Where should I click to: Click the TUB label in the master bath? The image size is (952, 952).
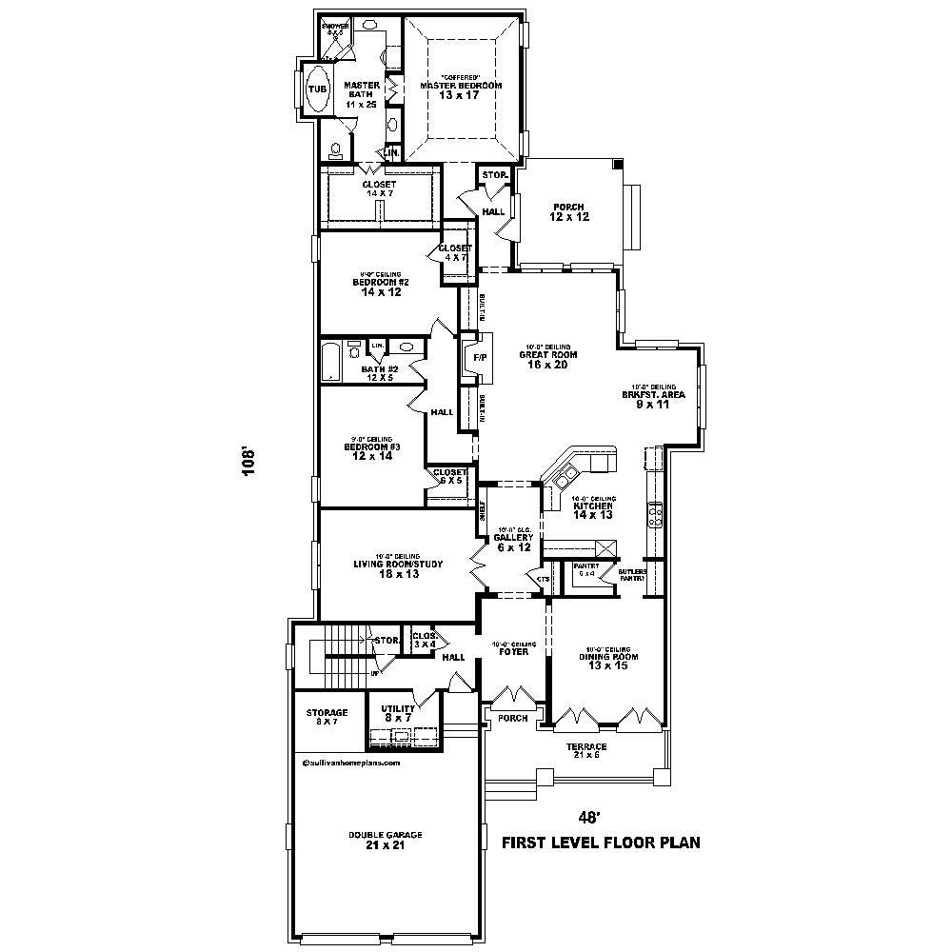317,89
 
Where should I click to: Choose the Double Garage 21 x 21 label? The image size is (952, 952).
385,840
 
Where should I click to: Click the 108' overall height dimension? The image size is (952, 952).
249,462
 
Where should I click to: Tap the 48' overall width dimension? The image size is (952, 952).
590,817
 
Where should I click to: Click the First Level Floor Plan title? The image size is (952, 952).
601,843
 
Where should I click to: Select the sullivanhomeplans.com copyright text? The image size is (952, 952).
351,763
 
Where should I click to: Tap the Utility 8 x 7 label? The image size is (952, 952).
397,713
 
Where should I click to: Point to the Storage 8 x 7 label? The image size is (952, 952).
327,717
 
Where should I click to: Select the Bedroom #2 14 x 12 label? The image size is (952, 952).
381,287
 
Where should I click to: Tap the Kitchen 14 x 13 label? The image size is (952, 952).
592,510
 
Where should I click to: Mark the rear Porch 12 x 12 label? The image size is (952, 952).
567,212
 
